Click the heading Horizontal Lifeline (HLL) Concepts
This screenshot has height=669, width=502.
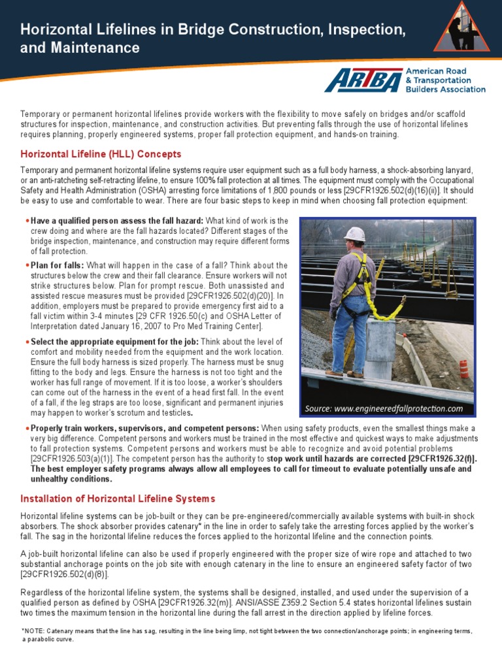tap(101, 154)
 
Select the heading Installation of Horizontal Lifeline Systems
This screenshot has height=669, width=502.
tap(118, 499)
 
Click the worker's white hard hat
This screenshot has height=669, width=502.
tap(354, 234)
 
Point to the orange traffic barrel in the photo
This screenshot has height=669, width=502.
tap(463, 368)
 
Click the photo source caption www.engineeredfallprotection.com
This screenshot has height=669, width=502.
tap(384, 408)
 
